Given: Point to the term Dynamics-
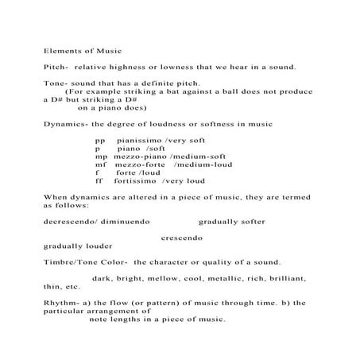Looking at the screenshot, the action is [x=66, y=124].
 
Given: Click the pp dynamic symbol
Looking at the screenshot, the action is [x=99, y=140].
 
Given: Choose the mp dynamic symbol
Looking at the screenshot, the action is [x=100, y=157].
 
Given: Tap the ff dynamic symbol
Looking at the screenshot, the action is [x=99, y=181].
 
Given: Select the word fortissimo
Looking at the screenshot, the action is [x=138, y=181].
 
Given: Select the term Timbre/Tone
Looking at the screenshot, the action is [x=74, y=262].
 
